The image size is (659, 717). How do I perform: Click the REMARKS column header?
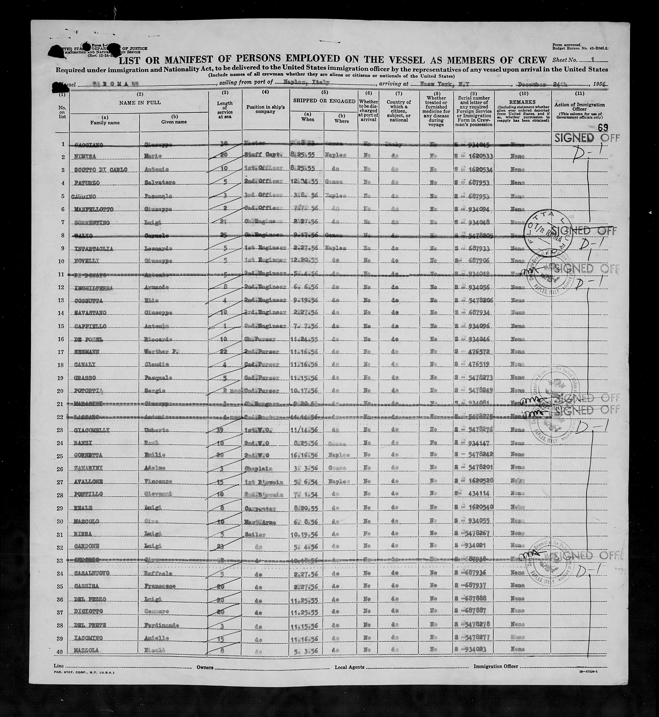[523, 102]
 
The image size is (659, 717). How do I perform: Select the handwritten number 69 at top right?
[603, 128]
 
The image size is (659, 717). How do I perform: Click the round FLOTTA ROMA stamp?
[544, 236]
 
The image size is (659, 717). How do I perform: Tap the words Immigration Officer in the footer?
[496, 666]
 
